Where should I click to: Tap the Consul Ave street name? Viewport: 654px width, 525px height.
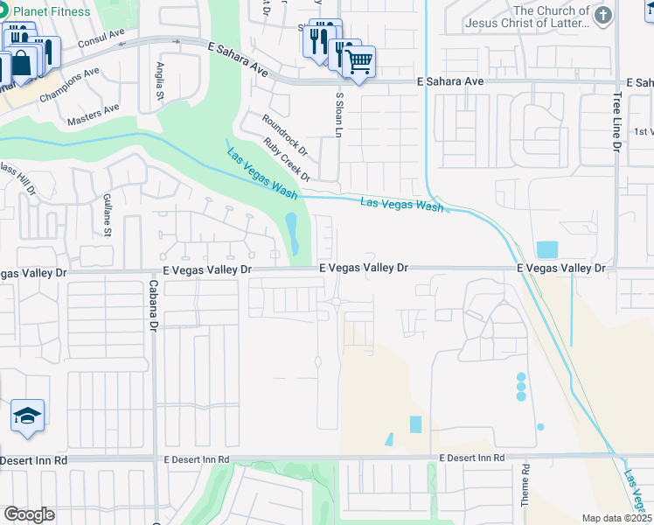point(101,38)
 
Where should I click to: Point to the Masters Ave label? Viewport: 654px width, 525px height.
point(94,110)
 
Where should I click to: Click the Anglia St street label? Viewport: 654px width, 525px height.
point(160,80)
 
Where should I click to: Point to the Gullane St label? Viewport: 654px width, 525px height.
point(107,214)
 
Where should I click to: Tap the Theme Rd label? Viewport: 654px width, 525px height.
point(526,480)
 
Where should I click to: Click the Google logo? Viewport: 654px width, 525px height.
point(29,514)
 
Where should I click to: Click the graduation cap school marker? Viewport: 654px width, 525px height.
point(28,416)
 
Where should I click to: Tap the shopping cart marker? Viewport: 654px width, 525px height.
point(358,60)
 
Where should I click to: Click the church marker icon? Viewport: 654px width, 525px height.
point(602,15)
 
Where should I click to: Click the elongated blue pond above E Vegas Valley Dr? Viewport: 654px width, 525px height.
point(291,231)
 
